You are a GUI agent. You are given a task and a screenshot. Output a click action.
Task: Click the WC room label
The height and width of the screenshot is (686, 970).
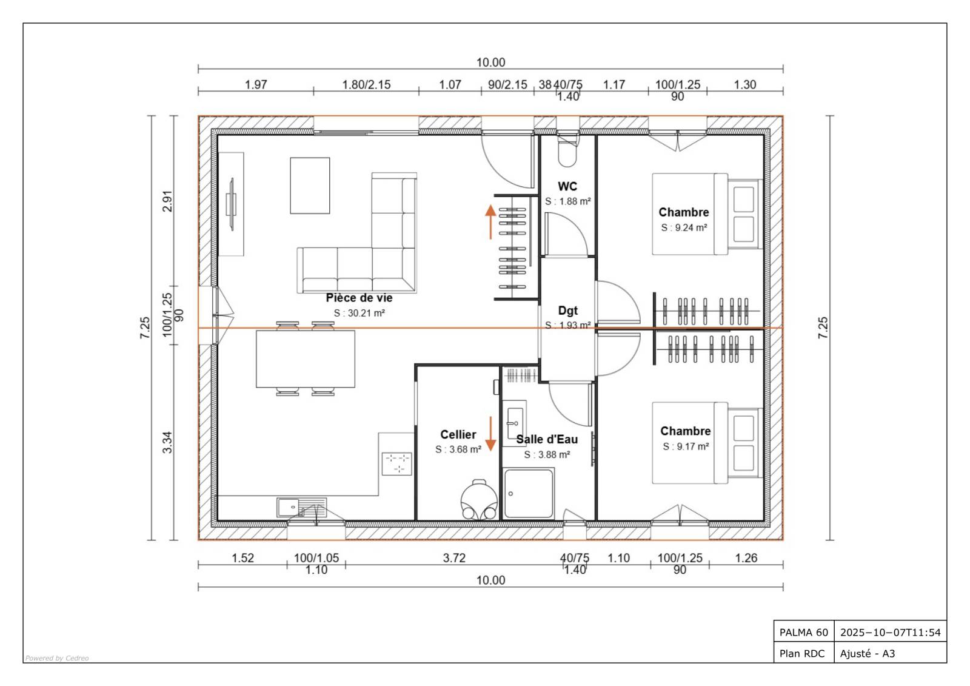pyautogui.click(x=567, y=186)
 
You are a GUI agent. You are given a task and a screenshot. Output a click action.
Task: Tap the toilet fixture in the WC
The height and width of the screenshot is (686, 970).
pyautogui.click(x=567, y=152)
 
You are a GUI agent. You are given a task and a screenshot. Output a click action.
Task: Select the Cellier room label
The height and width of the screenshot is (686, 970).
pyautogui.click(x=458, y=435)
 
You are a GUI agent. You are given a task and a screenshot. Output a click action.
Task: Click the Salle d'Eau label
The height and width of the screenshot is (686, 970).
pyautogui.click(x=547, y=439)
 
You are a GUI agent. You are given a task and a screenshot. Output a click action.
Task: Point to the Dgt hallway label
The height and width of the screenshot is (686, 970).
pyautogui.click(x=567, y=311)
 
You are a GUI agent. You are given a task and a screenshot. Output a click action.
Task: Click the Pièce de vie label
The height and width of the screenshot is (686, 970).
pyautogui.click(x=359, y=298)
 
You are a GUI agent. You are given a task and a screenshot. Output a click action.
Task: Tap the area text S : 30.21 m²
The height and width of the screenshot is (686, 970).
pyautogui.click(x=360, y=313)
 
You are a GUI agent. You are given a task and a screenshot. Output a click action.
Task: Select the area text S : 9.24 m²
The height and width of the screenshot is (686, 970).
pyautogui.click(x=684, y=227)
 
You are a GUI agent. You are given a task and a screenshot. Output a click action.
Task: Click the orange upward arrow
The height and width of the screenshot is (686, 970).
pyautogui.click(x=490, y=222)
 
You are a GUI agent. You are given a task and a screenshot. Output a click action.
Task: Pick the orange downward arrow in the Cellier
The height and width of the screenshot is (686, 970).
pyautogui.click(x=490, y=434)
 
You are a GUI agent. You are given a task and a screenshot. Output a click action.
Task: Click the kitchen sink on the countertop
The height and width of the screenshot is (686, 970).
pyautogui.click(x=301, y=508)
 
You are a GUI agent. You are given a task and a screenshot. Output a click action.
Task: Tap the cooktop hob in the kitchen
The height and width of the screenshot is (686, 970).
pyautogui.click(x=396, y=463)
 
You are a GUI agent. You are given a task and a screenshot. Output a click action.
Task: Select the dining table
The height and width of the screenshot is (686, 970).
pyautogui.click(x=306, y=359)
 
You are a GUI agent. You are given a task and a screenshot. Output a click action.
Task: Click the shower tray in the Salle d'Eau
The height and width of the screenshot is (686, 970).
pyautogui.click(x=529, y=493)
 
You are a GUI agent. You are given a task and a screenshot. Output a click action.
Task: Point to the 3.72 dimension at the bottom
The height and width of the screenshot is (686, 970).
pyautogui.click(x=454, y=558)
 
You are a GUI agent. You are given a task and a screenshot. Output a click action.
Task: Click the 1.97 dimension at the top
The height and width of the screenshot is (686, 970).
pyautogui.click(x=256, y=84)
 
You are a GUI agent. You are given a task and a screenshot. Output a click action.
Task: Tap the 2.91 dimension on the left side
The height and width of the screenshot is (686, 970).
pyautogui.click(x=167, y=201)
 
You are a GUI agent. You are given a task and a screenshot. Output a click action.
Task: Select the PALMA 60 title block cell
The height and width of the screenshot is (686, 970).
pyautogui.click(x=804, y=632)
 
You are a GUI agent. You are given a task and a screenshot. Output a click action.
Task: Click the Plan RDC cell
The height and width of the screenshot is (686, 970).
pyautogui.click(x=802, y=653)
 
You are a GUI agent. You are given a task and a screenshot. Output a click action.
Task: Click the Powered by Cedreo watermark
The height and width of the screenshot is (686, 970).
pyautogui.click(x=57, y=658)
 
